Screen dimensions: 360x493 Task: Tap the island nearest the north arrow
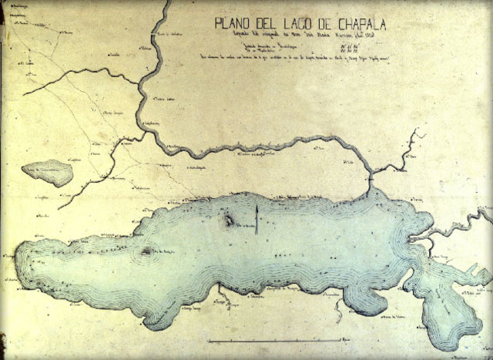click(x=230, y=222)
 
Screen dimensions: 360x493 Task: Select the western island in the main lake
click(x=146, y=252)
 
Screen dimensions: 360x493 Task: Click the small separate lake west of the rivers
click(x=48, y=172)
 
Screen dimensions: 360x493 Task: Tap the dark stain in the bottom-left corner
click(x=3, y=346)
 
